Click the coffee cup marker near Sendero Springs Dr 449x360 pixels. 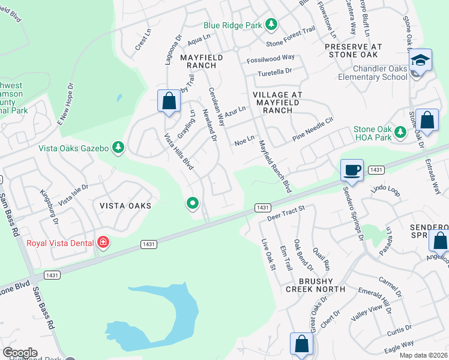pyautogui.click(x=352, y=169)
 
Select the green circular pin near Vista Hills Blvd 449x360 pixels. pyautogui.click(x=192, y=204)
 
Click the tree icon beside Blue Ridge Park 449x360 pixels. pyautogui.click(x=271, y=25)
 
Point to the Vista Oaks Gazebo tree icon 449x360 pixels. pyautogui.click(x=119, y=148)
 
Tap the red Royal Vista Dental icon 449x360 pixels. pyautogui.click(x=103, y=243)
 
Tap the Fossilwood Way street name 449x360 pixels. pyautogui.click(x=271, y=58)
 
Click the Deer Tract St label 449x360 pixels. pyautogui.click(x=286, y=211)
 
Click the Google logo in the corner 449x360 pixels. pyautogui.click(x=20, y=353)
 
